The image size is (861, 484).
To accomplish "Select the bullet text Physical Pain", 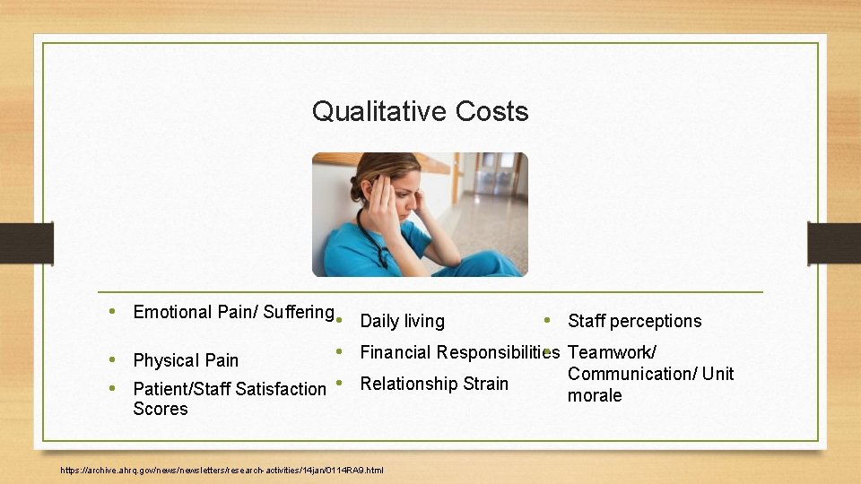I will [x=186, y=360].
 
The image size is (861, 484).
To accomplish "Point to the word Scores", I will [x=161, y=409].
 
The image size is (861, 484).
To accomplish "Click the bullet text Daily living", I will [x=402, y=321].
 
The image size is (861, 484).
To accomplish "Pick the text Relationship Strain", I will [x=434, y=384].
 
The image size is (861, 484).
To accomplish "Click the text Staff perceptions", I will [x=634, y=321].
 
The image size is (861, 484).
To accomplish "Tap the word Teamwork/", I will [x=612, y=352].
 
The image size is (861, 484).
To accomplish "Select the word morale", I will [x=595, y=395].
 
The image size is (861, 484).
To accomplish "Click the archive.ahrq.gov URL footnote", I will [x=222, y=470].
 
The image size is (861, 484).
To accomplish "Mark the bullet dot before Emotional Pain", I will [x=111, y=311].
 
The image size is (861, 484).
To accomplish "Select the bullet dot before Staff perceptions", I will [x=546, y=320].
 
